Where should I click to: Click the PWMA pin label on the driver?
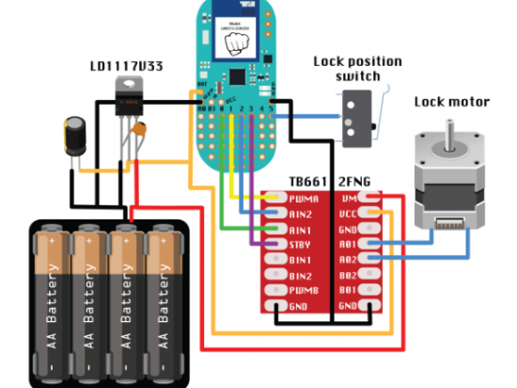305,199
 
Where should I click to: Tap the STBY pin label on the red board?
304,243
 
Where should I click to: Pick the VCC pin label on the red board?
349,214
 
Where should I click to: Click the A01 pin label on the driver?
349,243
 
